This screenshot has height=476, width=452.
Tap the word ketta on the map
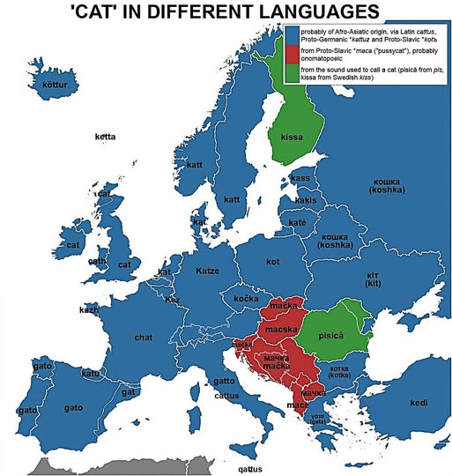(x=107, y=138)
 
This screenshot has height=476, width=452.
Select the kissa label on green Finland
(x=292, y=138)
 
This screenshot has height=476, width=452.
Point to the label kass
(x=300, y=178)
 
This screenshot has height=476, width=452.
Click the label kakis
(x=305, y=201)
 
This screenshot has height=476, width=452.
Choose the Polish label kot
(x=272, y=262)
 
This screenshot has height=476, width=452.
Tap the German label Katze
(x=207, y=270)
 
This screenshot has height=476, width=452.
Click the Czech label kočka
(x=245, y=300)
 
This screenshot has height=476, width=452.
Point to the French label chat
(x=143, y=337)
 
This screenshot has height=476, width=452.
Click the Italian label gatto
(x=224, y=382)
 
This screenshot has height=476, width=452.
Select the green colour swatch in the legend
(x=293, y=99)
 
